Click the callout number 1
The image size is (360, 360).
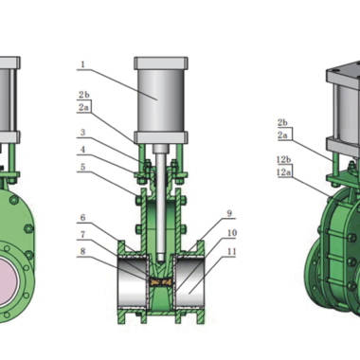[x=82, y=64]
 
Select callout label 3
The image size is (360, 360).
[x=82, y=132]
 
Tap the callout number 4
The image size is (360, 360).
[x=82, y=149]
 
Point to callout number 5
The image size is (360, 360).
[x=82, y=167]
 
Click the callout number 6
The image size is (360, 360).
[x=82, y=217]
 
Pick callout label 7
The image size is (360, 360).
[x=82, y=234]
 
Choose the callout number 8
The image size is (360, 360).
[x=82, y=251]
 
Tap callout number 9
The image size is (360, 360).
[x=229, y=213]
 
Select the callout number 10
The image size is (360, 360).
[x=232, y=233]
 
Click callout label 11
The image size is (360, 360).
[x=232, y=251]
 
